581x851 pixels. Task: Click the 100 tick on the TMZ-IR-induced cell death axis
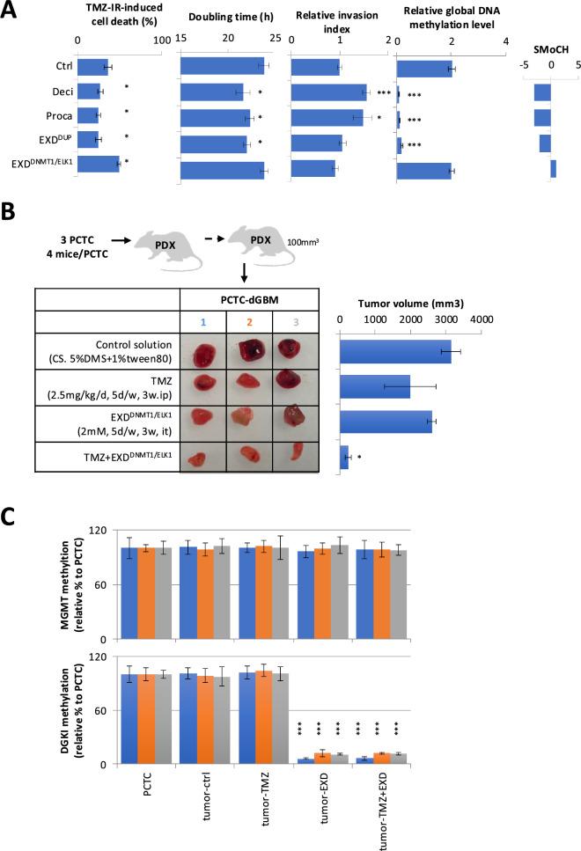point(161,39)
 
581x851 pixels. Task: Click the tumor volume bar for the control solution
point(395,353)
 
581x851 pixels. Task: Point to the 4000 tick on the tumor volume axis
point(480,319)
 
